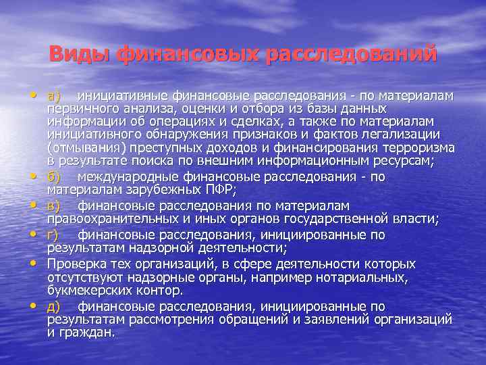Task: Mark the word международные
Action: [x=129, y=176]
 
